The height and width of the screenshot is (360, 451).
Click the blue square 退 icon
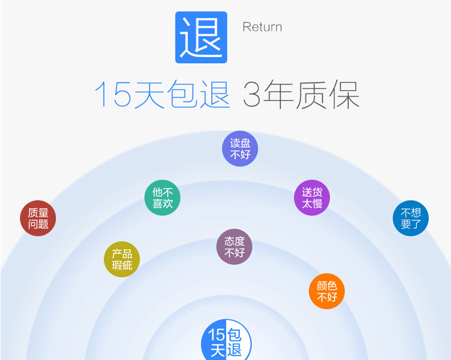[201, 37]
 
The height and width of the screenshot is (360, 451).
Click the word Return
[262, 27]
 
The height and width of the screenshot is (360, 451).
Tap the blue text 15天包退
[162, 95]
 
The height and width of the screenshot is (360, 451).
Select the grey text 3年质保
[301, 95]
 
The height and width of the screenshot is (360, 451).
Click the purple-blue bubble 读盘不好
[240, 149]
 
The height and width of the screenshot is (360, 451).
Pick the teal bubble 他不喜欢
[162, 198]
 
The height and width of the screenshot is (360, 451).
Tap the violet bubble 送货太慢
[312, 198]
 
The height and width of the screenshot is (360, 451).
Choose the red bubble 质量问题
[38, 218]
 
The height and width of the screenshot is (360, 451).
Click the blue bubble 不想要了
[411, 218]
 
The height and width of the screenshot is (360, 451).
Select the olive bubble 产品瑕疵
[122, 259]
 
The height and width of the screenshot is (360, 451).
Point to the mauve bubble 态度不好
[235, 246]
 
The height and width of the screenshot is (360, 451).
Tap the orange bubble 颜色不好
[327, 291]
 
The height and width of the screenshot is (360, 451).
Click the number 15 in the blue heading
[112, 95]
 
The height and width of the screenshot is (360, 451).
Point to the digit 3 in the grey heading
[253, 95]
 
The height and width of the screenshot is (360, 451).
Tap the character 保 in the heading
[344, 95]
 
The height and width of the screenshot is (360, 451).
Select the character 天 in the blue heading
[149, 95]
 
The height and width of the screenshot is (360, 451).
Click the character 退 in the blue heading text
[215, 95]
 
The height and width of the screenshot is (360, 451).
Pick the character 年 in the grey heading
[278, 95]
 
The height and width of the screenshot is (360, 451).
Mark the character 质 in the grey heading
[311, 95]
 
